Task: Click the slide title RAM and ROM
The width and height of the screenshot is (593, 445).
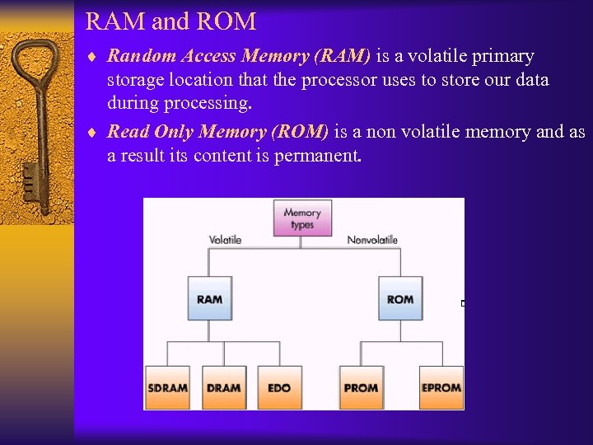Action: coord(170,21)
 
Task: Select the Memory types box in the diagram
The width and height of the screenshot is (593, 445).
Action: coord(302,218)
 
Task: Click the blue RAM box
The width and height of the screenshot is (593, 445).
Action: coord(209,298)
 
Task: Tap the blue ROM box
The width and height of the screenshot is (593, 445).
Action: coord(400,298)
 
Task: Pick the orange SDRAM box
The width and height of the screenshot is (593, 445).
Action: coord(167,387)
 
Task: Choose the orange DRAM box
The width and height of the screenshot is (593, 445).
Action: coord(224,387)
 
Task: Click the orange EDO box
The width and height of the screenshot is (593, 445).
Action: coord(279,387)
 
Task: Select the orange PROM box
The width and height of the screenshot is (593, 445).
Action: coord(361,387)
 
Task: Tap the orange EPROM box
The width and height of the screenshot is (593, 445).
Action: coord(441,387)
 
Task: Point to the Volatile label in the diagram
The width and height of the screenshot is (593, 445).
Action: coord(225,240)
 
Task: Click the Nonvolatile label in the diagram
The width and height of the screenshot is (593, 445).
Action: coord(372,240)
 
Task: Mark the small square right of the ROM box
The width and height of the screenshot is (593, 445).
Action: coord(464,303)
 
